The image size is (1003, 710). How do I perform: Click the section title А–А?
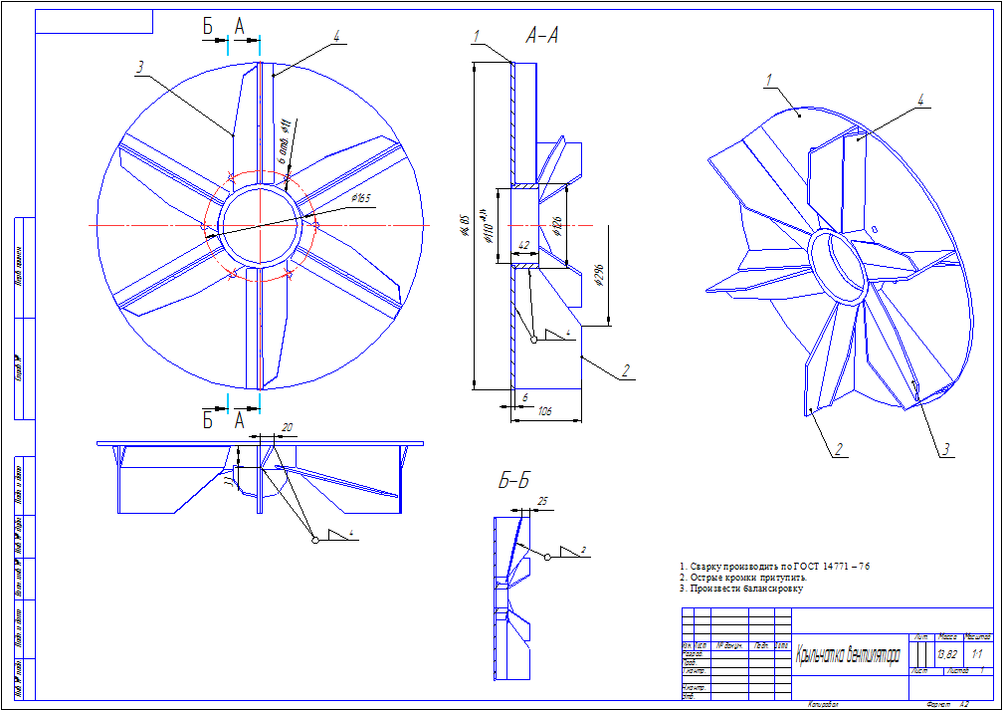pos(542,37)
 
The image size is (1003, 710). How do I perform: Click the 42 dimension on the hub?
pos(523,245)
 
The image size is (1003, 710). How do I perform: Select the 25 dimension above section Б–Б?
pos(542,500)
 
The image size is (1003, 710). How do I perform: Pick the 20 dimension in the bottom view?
pos(288,427)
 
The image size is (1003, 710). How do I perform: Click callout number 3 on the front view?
pos(141,68)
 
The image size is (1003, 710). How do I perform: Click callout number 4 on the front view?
pos(337,36)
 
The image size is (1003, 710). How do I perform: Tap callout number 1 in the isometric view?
pos(770,79)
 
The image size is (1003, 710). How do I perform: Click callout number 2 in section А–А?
pos(626,370)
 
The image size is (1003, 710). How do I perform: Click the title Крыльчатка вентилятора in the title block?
pos(848,656)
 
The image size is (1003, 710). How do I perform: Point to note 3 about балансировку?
pos(741,589)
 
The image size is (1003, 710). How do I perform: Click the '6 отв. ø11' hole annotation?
pos(283,140)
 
